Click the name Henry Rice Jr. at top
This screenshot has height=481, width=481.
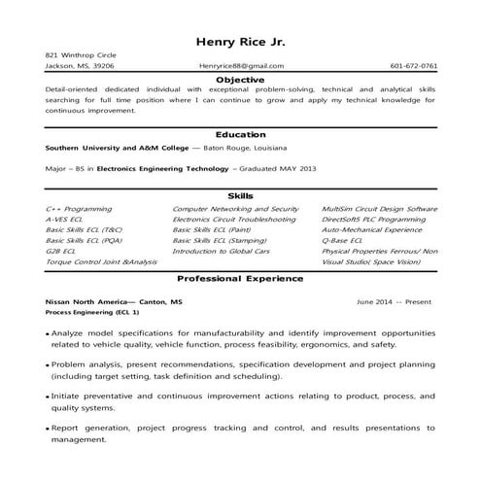coord(240,41)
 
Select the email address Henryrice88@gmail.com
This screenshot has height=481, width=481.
coord(241,66)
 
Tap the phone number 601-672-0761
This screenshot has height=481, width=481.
coord(413,66)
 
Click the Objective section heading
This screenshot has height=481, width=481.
coord(240,78)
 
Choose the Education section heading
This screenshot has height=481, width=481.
coord(240,134)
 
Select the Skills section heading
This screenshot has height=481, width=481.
coord(240,196)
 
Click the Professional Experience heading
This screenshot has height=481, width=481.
coord(240,279)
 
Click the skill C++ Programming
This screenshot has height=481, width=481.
coord(78,209)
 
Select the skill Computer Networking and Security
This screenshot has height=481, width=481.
coord(235,209)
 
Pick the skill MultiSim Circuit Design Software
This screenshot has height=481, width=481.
coord(379,209)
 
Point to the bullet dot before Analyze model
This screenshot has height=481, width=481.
coord(48,333)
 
